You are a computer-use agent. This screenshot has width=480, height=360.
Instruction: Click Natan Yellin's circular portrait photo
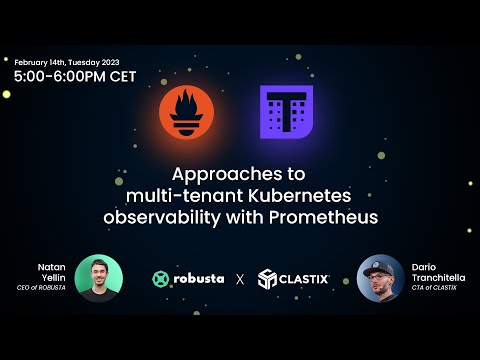click(x=98, y=278)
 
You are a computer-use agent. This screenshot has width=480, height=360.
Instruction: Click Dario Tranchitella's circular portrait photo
click(x=381, y=278)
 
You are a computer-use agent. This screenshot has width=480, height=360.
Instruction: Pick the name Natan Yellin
click(x=52, y=273)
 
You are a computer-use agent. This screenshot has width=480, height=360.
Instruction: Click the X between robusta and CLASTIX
click(x=239, y=279)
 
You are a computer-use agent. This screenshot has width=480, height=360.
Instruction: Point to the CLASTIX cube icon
click(x=266, y=279)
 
